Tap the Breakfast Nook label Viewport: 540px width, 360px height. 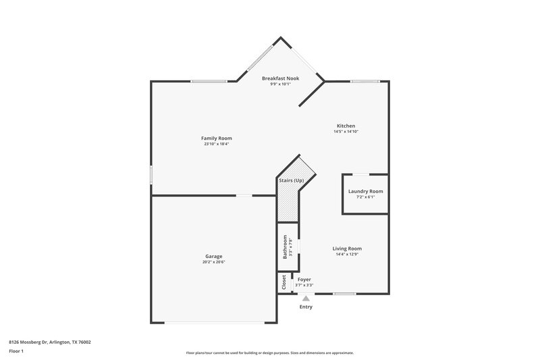(280, 78)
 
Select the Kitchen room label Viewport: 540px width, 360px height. (346, 126)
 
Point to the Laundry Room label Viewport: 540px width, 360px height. (365, 191)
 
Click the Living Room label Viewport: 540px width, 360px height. (348, 248)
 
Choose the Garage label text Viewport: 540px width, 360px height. (214, 256)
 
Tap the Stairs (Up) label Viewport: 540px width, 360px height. (291, 180)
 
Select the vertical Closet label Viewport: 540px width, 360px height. (283, 282)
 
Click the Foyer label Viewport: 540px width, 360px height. (304, 279)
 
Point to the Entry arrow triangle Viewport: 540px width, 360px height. (306, 297)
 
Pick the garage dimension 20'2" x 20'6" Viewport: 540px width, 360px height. (214, 262)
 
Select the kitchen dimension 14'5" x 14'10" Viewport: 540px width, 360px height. (346, 132)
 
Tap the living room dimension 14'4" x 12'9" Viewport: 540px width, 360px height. (348, 254)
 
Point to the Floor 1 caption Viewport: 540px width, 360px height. (17, 351)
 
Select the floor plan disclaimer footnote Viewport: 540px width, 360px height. (269, 353)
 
